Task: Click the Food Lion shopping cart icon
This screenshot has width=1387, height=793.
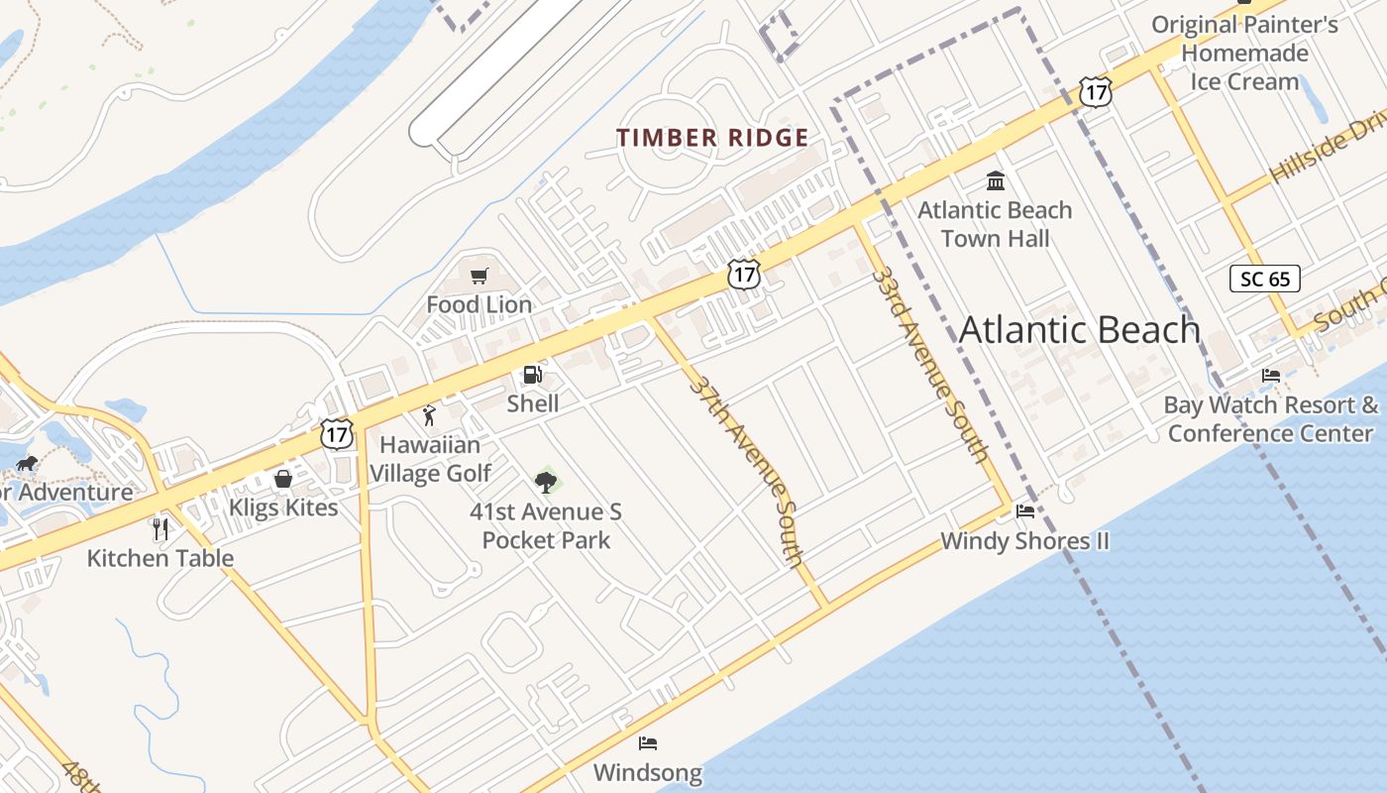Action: (x=480, y=277)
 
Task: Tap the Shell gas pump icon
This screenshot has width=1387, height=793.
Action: (x=532, y=375)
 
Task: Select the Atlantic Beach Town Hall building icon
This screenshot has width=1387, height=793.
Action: (x=996, y=181)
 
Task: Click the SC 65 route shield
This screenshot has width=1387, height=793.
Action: (x=1265, y=279)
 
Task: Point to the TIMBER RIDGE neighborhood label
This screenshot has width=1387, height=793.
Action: (x=712, y=138)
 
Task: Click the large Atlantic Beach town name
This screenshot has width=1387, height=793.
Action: (x=1080, y=329)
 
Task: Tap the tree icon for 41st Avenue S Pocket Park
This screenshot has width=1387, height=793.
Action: (x=545, y=483)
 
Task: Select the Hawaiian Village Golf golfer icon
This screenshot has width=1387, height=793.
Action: (x=429, y=415)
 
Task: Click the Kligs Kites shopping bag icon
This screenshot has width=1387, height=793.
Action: (x=283, y=480)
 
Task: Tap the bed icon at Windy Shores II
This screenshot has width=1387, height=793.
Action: (x=1025, y=511)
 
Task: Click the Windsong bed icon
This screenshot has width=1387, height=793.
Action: (x=648, y=742)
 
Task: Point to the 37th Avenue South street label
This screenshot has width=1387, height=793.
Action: (x=748, y=471)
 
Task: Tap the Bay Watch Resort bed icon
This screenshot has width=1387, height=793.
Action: (x=1271, y=376)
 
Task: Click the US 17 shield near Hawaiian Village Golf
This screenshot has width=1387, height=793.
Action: (x=337, y=433)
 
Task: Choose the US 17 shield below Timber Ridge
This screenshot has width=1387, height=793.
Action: (x=743, y=275)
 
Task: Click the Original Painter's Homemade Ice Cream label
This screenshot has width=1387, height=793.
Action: (x=1244, y=53)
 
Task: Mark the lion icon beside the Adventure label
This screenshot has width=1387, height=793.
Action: (x=27, y=463)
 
